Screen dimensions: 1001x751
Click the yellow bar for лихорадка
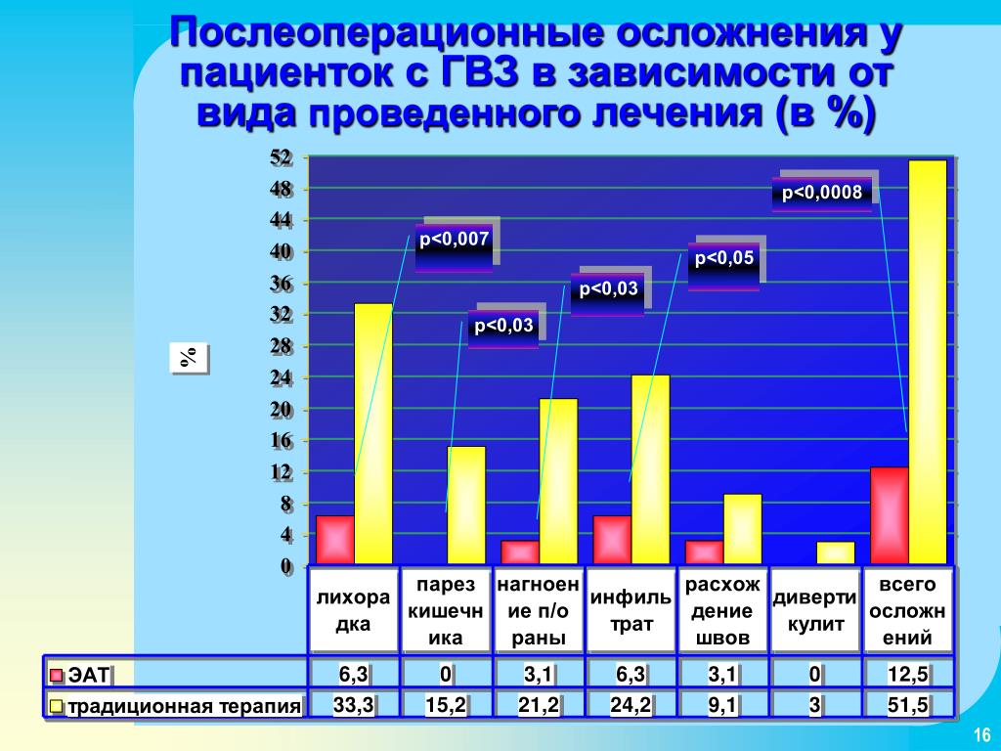click(x=373, y=433)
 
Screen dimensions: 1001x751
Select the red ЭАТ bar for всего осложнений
click(x=890, y=516)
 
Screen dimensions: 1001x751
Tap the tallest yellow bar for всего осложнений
click(x=928, y=362)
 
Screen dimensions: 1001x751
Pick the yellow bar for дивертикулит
click(x=835, y=553)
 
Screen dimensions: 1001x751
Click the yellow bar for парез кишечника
click(x=466, y=506)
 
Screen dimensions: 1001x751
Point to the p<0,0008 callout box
click(x=822, y=193)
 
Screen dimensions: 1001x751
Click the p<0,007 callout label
click(x=454, y=241)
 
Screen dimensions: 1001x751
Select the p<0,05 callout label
click(x=724, y=259)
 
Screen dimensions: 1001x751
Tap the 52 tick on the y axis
click(x=281, y=157)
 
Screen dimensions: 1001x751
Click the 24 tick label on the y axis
click(x=281, y=378)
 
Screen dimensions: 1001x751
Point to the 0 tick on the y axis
click(x=286, y=566)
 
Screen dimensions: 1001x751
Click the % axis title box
click(x=189, y=358)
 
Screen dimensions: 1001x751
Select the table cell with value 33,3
click(x=353, y=705)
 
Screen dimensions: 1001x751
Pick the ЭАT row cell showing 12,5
click(x=907, y=674)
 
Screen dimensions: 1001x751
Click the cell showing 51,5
click(x=907, y=705)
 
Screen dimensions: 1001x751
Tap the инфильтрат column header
click(x=631, y=610)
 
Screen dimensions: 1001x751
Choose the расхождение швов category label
click(x=722, y=610)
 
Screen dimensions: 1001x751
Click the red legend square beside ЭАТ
click(x=56, y=675)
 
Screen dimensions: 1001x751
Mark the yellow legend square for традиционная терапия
click(x=56, y=706)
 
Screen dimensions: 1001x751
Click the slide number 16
click(x=981, y=734)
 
